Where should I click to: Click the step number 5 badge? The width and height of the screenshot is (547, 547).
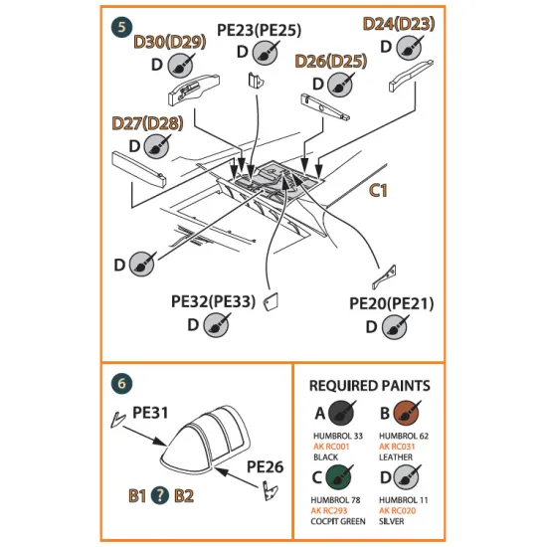[121, 27]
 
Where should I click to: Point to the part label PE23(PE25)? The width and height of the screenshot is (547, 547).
[261, 30]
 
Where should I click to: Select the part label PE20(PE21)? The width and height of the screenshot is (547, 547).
[391, 301]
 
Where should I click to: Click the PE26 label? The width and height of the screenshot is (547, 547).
[266, 465]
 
